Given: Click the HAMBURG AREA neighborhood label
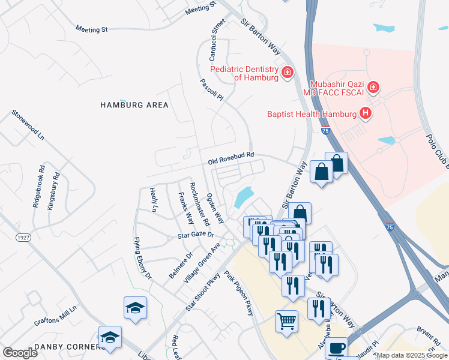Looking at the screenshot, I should [x=134, y=105].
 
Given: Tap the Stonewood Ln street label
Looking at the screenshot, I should [x=28, y=125].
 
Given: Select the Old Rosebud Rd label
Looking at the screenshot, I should [x=231, y=158].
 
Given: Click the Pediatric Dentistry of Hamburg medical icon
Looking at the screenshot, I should [x=288, y=73].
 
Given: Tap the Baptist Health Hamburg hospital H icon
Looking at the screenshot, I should [x=364, y=113].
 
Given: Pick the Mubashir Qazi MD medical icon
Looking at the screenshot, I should [x=373, y=88].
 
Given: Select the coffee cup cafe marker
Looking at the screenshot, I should [x=338, y=348].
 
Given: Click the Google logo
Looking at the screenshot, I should [x=20, y=353].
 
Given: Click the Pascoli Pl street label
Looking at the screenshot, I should [x=212, y=89].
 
